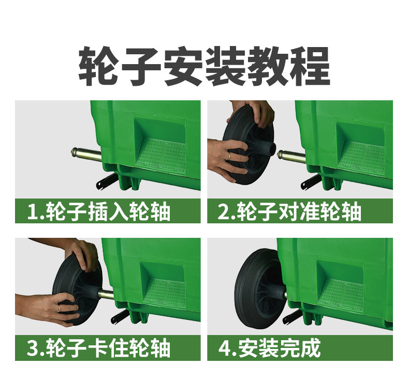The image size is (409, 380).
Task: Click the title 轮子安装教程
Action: tap(204, 67)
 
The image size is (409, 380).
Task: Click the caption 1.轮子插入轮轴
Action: tap(99, 211)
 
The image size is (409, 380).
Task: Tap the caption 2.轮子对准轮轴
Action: tap(289, 211)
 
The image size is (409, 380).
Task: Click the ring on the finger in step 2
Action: tap(228, 156)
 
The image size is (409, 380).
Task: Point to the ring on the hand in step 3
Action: tap(59, 308)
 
